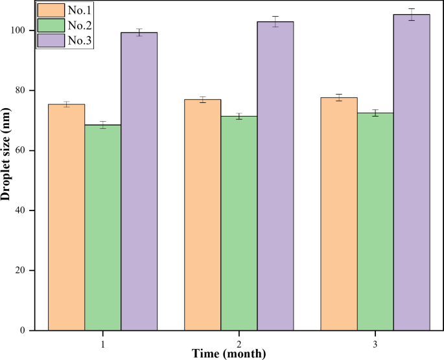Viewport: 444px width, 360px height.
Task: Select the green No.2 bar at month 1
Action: point(103,227)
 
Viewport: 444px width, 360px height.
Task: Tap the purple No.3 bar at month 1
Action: point(139,181)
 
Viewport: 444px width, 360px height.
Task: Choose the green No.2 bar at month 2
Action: point(239,223)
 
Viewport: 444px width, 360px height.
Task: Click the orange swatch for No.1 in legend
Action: point(51,11)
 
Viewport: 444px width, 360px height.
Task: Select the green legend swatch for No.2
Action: point(51,26)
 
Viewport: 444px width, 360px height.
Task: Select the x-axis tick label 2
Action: point(239,342)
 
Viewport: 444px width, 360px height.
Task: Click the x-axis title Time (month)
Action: point(228,354)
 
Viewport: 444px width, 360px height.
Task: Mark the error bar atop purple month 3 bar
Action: point(412,14)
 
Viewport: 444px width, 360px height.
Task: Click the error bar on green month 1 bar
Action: point(103,125)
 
